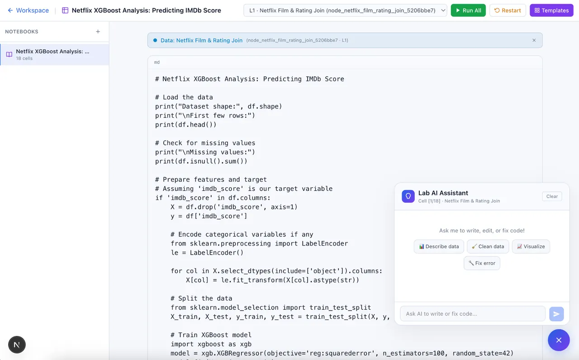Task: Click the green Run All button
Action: click(468, 10)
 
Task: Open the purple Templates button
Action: click(551, 10)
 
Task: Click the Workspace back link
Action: click(28, 10)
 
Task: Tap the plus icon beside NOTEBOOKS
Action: click(98, 32)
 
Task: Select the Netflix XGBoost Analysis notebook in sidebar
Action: click(54, 55)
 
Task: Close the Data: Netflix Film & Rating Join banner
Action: click(534, 40)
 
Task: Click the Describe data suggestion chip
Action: click(439, 246)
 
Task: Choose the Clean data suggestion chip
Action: click(488, 246)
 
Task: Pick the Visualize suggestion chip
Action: click(531, 246)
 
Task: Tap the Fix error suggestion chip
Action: click(482, 263)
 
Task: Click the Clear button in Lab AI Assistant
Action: click(552, 196)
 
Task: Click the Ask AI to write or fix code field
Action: click(473, 314)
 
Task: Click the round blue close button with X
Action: click(559, 340)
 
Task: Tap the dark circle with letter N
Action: click(17, 345)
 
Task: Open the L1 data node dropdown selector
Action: click(345, 10)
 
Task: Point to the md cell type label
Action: click(157, 62)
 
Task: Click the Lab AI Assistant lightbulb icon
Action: click(408, 196)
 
